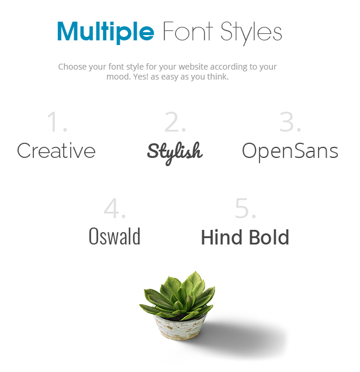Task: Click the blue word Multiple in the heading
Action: pos(106,32)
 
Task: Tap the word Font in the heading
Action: pos(188,31)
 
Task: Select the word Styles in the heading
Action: pos(251,33)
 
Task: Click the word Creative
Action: pos(56,150)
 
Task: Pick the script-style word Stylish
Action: pos(175,153)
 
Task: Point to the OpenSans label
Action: pos(290,151)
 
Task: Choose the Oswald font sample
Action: pos(115,236)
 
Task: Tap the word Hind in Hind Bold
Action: pos(222,237)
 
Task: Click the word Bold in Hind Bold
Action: pos(269,237)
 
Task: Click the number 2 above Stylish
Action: pos(175,122)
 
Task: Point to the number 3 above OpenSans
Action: pos(290,122)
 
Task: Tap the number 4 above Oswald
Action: pos(115,208)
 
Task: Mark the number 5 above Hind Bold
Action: pos(245,208)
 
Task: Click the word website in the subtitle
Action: pos(193,67)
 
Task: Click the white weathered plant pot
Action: pos(180,328)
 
